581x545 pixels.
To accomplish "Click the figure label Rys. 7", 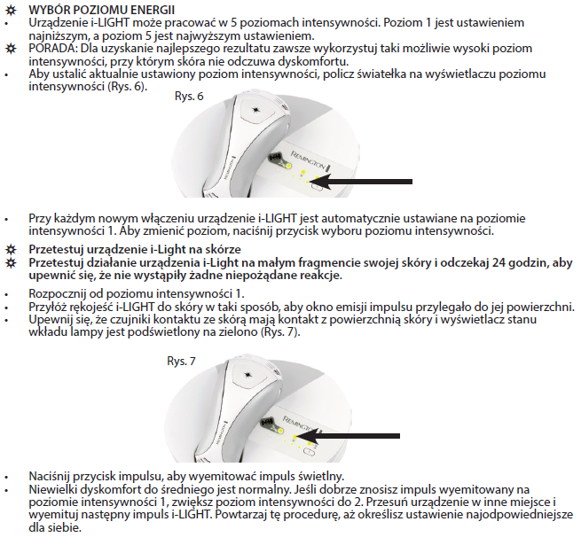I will point(182,362).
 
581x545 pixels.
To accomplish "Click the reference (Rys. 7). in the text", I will point(280,331).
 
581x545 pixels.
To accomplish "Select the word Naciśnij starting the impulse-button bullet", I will point(51,476).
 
